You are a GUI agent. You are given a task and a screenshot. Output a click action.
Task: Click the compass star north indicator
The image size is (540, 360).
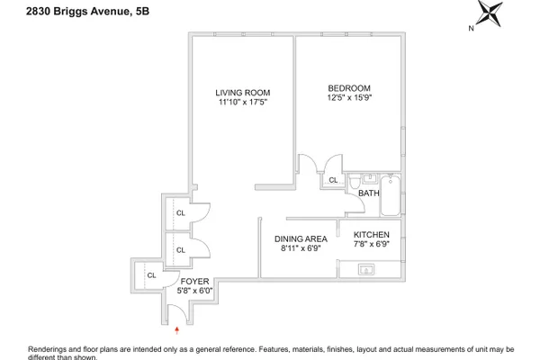click(490, 13)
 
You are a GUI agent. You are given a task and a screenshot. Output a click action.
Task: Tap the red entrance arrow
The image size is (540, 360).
click(176, 330)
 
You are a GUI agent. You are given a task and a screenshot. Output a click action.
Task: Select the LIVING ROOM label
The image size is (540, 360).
click(243, 93)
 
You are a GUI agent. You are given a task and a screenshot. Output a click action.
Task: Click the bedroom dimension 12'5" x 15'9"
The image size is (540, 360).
click(349, 97)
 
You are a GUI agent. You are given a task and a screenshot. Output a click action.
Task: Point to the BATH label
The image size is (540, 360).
click(369, 193)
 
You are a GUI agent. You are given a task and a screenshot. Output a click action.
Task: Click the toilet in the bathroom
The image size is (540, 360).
click(355, 182)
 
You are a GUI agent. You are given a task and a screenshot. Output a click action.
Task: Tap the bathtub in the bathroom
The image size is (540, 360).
click(391, 195)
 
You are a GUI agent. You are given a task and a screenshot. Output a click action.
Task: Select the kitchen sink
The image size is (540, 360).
click(366, 269)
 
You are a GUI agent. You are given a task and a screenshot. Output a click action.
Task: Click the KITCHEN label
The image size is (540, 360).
click(372, 235)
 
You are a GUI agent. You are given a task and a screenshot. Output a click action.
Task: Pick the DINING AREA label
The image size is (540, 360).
click(301, 238)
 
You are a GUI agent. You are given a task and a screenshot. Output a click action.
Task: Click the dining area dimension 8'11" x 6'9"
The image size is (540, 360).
click(301, 248)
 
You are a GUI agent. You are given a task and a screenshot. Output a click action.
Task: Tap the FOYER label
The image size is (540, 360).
click(195, 282)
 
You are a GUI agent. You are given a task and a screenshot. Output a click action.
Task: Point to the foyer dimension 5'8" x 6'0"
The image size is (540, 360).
click(195, 291)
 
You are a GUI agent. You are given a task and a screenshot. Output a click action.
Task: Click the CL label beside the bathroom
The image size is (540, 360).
click(333, 180)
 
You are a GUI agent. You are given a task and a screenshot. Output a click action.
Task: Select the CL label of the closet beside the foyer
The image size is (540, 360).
click(151, 275)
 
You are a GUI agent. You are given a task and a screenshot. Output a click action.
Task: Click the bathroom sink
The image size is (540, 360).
click(370, 179)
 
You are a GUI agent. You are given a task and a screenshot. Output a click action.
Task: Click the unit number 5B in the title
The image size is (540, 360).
click(142, 12)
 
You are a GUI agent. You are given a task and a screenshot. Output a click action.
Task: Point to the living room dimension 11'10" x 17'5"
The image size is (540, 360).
click(243, 102)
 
